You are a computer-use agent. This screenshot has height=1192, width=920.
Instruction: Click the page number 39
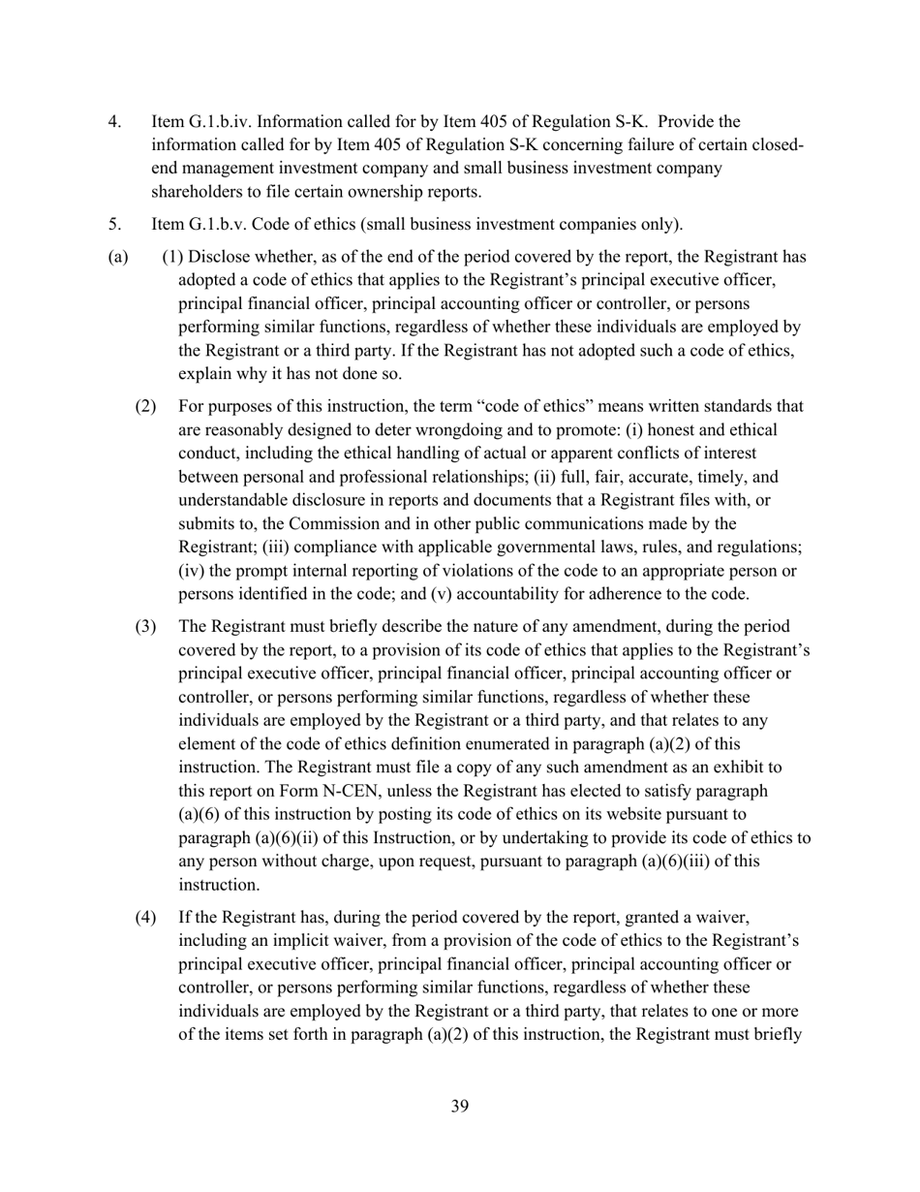click(460, 1106)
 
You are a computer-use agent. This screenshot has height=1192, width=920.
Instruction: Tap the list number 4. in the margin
click(114, 121)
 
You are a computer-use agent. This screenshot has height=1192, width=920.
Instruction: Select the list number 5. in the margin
click(114, 225)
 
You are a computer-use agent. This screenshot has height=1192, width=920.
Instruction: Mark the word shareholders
click(196, 191)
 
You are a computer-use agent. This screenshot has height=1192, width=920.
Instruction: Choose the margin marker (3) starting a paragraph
click(144, 626)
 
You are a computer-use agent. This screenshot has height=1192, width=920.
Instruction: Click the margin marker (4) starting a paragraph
click(144, 917)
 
